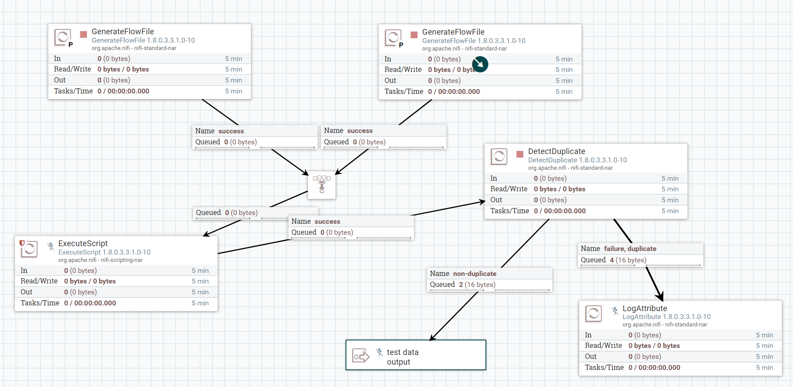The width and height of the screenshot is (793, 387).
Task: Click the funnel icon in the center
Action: coord(322,185)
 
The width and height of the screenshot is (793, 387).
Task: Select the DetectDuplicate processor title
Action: coord(556,151)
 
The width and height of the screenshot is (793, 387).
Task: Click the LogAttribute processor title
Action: coord(645,308)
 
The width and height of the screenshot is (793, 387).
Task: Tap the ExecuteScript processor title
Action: coord(83,244)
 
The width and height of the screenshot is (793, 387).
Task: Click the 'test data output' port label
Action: coord(402,357)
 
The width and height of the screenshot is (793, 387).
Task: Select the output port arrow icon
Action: coord(361,356)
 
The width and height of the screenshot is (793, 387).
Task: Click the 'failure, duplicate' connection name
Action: coord(630,249)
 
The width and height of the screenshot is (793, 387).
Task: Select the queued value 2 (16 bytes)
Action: coord(477,285)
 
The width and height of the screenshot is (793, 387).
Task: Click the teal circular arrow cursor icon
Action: coord(480,64)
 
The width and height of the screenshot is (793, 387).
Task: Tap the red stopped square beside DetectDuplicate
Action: coord(520,154)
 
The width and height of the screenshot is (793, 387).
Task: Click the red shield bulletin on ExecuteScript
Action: coord(22,243)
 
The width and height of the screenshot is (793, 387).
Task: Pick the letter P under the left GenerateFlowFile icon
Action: coord(70,45)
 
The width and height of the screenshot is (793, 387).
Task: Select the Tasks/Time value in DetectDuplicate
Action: coord(559,211)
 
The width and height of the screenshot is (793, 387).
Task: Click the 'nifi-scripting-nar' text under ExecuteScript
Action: coord(122,260)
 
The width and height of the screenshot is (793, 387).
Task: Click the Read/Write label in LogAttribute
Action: coord(603,346)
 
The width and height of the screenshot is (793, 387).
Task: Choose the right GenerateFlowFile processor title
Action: coord(453,32)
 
